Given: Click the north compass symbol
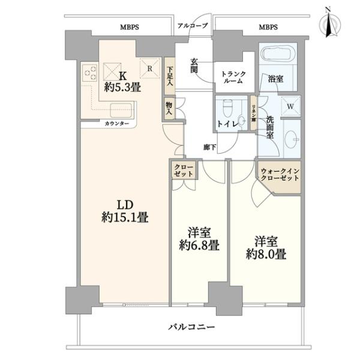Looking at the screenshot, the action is pyautogui.click(x=330, y=25).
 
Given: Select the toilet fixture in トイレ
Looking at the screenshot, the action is pyautogui.click(x=227, y=109).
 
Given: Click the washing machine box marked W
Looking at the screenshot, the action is pyautogui.click(x=290, y=106).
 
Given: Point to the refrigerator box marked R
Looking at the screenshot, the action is pyautogui.click(x=150, y=68).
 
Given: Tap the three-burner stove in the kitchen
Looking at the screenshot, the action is pyautogui.click(x=89, y=73).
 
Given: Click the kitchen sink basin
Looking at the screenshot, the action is pyautogui.click(x=121, y=110).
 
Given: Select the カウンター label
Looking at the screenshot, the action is pyautogui.click(x=117, y=124).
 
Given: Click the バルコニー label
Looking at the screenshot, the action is pyautogui.click(x=191, y=326).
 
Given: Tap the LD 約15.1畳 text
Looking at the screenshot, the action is pyautogui.click(x=125, y=211).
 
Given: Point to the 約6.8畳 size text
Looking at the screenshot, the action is pyautogui.click(x=199, y=246).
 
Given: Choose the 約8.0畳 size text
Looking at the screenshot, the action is pyautogui.click(x=266, y=254).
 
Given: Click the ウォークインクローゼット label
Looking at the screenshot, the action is pyautogui.click(x=280, y=175).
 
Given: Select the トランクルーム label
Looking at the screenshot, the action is pyautogui.click(x=233, y=77).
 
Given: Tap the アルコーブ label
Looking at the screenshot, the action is pyautogui.click(x=193, y=25).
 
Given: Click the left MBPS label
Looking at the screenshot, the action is pyautogui.click(x=130, y=28).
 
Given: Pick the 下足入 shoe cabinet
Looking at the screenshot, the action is pyautogui.click(x=169, y=76).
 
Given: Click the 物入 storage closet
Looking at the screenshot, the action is pyautogui.click(x=169, y=109).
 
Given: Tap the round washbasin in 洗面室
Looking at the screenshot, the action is pyautogui.click(x=292, y=139).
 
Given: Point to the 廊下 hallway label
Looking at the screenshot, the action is pyautogui.click(x=209, y=147).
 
